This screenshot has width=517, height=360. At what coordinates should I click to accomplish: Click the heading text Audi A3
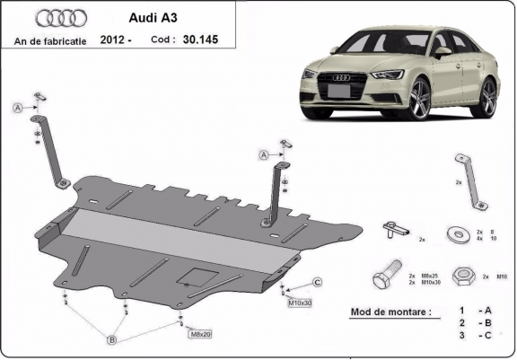click(x=141, y=18)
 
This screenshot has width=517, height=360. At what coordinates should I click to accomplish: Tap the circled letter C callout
click(x=318, y=283)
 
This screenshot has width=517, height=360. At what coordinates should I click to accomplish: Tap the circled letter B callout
click(x=112, y=339)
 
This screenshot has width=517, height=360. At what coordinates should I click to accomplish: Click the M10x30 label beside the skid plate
click(x=299, y=303)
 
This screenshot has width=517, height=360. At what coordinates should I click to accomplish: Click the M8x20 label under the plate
click(x=199, y=334)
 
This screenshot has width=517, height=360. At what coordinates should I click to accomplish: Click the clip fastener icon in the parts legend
click(x=392, y=230)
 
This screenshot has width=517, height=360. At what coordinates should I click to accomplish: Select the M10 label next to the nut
click(x=501, y=277)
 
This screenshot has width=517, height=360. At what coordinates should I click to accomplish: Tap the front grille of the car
click(x=342, y=91)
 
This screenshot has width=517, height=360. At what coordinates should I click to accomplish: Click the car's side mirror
click(x=442, y=52)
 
